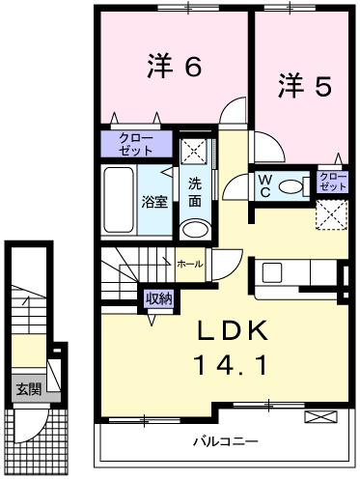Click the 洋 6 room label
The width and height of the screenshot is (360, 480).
[x=175, y=68]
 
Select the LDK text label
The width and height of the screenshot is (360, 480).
[x=233, y=330]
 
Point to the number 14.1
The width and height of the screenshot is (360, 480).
[x=233, y=368]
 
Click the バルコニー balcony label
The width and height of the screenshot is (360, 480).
[x=223, y=441]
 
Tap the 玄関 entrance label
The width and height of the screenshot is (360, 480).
[x=28, y=390]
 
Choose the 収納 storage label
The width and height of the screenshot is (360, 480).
[x=158, y=299]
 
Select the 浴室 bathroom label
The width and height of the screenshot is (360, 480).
[x=153, y=202]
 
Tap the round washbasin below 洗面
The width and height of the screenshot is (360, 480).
[x=195, y=230]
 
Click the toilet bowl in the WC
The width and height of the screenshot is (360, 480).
[x=291, y=186]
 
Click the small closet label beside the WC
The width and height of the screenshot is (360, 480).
[x=332, y=181]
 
